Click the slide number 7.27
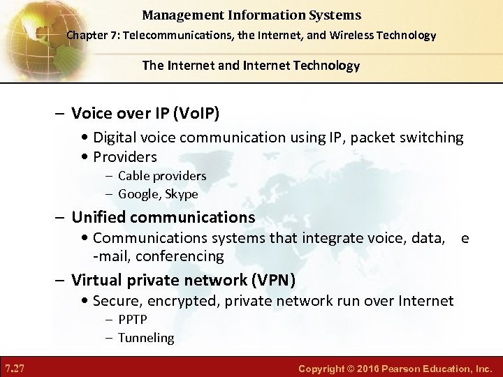(x=15, y=367)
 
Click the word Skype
(x=182, y=194)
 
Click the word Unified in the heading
(x=100, y=217)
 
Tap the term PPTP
(x=133, y=320)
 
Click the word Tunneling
(x=146, y=338)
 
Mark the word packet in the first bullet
(x=376, y=138)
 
